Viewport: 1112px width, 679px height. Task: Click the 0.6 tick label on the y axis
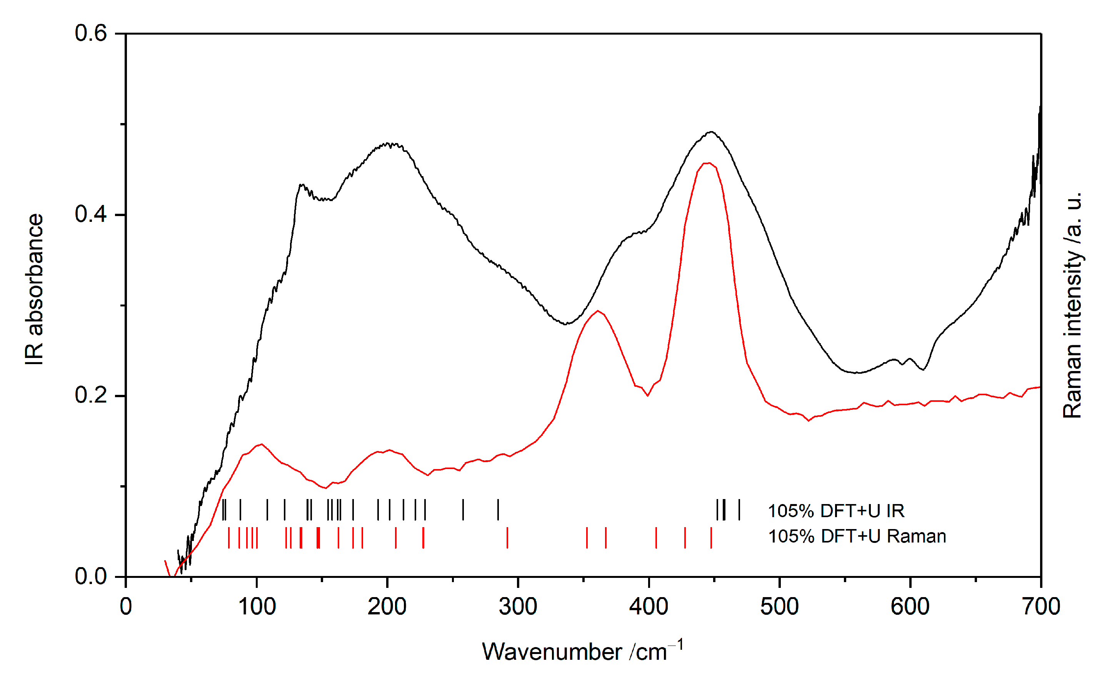point(91,33)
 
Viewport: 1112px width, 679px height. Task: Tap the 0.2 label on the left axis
point(91,396)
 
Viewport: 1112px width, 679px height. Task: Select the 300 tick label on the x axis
point(518,607)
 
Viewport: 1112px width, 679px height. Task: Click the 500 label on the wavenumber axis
point(779,607)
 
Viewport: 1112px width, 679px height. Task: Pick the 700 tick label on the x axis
point(1041,607)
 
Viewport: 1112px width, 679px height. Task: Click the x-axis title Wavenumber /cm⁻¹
point(582,651)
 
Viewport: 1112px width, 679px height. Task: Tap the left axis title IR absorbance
point(34,289)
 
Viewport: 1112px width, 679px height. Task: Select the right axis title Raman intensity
point(1072,305)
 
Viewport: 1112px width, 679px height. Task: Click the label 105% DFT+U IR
point(836,511)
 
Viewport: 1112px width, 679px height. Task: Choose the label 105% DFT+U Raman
point(857,536)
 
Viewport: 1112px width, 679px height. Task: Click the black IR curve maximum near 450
point(711,132)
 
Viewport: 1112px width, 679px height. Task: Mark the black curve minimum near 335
point(566,324)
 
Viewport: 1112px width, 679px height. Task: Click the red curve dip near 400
point(648,396)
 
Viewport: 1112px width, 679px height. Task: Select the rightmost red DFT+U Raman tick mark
point(711,538)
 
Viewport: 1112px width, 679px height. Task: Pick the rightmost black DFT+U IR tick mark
point(739,510)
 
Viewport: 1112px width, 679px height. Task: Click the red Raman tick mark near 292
point(507,538)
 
